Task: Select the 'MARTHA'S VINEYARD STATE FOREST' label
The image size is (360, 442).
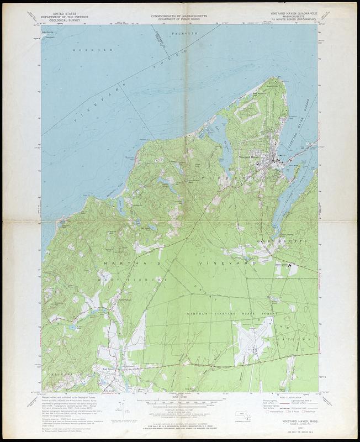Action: click(x=232, y=313)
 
